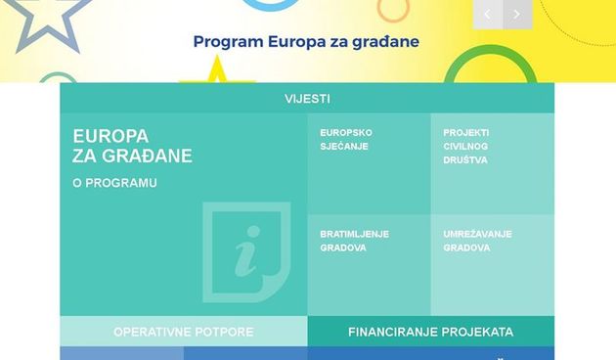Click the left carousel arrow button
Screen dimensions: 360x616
pyautogui.click(x=488, y=14)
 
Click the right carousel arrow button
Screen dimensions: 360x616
pyautogui.click(x=517, y=14)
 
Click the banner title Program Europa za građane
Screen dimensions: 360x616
pyautogui.click(x=306, y=42)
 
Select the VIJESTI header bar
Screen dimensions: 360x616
pyautogui.click(x=307, y=99)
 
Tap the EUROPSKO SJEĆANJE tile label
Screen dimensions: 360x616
pyautogui.click(x=346, y=140)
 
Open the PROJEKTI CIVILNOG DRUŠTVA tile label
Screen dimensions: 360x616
pyautogui.click(x=467, y=147)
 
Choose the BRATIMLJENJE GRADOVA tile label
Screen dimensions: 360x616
pyautogui.click(x=355, y=241)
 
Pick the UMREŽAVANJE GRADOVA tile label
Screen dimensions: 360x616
pyautogui.click(x=477, y=241)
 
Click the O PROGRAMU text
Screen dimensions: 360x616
pyautogui.click(x=114, y=183)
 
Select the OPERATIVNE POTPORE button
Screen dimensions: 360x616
pyautogui.click(x=183, y=332)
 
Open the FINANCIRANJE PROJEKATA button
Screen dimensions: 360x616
pyautogui.click(x=430, y=332)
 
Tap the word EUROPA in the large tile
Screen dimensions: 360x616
pyautogui.click(x=110, y=136)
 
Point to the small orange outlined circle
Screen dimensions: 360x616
pyautogui.click(x=393, y=9)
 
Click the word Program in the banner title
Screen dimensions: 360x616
pyautogui.click(x=226, y=42)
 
